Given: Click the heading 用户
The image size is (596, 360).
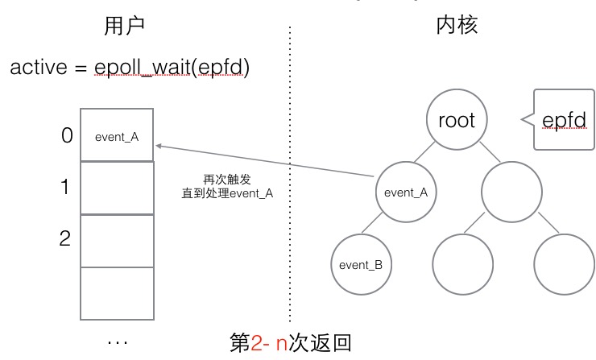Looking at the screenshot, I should click(124, 27).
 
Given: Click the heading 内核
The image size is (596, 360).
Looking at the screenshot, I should click(457, 27).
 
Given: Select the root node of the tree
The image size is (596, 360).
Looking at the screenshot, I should click(457, 121).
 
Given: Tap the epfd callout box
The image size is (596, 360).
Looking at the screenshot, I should click(564, 121).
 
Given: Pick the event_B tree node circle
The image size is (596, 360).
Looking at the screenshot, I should click(360, 264).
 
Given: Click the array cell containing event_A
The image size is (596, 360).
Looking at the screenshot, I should click(117, 136).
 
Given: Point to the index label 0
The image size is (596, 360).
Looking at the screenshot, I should click(67, 136).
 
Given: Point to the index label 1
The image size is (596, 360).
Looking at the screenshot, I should click(67, 188).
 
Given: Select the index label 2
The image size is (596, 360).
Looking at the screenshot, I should click(67, 238).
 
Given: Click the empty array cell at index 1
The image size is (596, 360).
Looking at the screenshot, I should click(117, 188).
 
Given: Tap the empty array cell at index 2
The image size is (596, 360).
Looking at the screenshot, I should click(117, 240).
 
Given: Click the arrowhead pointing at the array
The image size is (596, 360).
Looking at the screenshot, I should click(159, 146).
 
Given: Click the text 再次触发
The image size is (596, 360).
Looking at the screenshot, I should click(225, 179).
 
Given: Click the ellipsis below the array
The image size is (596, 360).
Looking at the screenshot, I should click(117, 342).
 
